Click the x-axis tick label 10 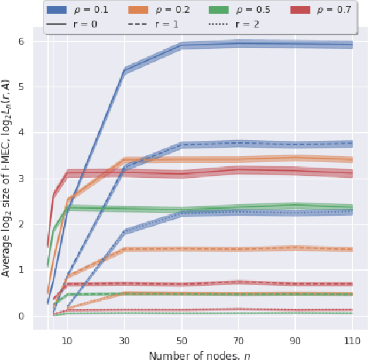tap(67, 341)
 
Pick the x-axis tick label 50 tap(181, 341)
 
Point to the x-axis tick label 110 tap(352, 341)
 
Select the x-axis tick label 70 tap(238, 341)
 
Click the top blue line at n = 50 tap(181, 45)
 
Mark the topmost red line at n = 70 tap(238, 169)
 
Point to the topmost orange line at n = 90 tap(295, 158)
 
